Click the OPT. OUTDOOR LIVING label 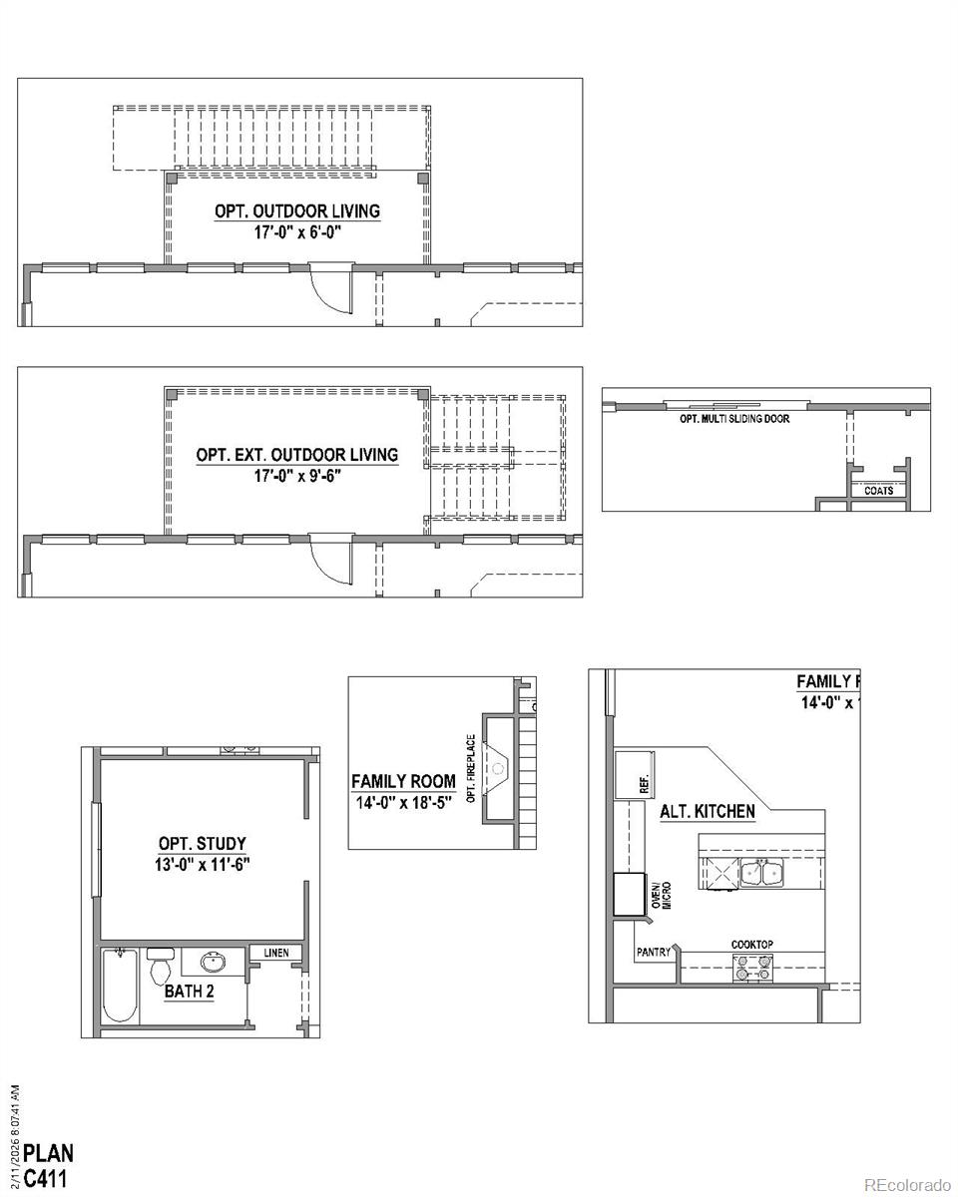coord(297,211)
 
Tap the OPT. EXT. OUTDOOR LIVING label coord(297,455)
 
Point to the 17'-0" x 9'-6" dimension coord(297,476)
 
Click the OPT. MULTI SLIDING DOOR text coord(734,419)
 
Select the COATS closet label coord(878,491)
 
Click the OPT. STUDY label coord(202,843)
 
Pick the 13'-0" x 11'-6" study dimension coord(202,864)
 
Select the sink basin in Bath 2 coord(212,963)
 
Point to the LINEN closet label coord(276,954)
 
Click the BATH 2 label coord(190,992)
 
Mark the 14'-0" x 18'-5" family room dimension coord(402,801)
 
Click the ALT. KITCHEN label coord(707,811)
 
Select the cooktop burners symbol coord(752,966)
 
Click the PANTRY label coord(654,953)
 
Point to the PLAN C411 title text coord(48,1164)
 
